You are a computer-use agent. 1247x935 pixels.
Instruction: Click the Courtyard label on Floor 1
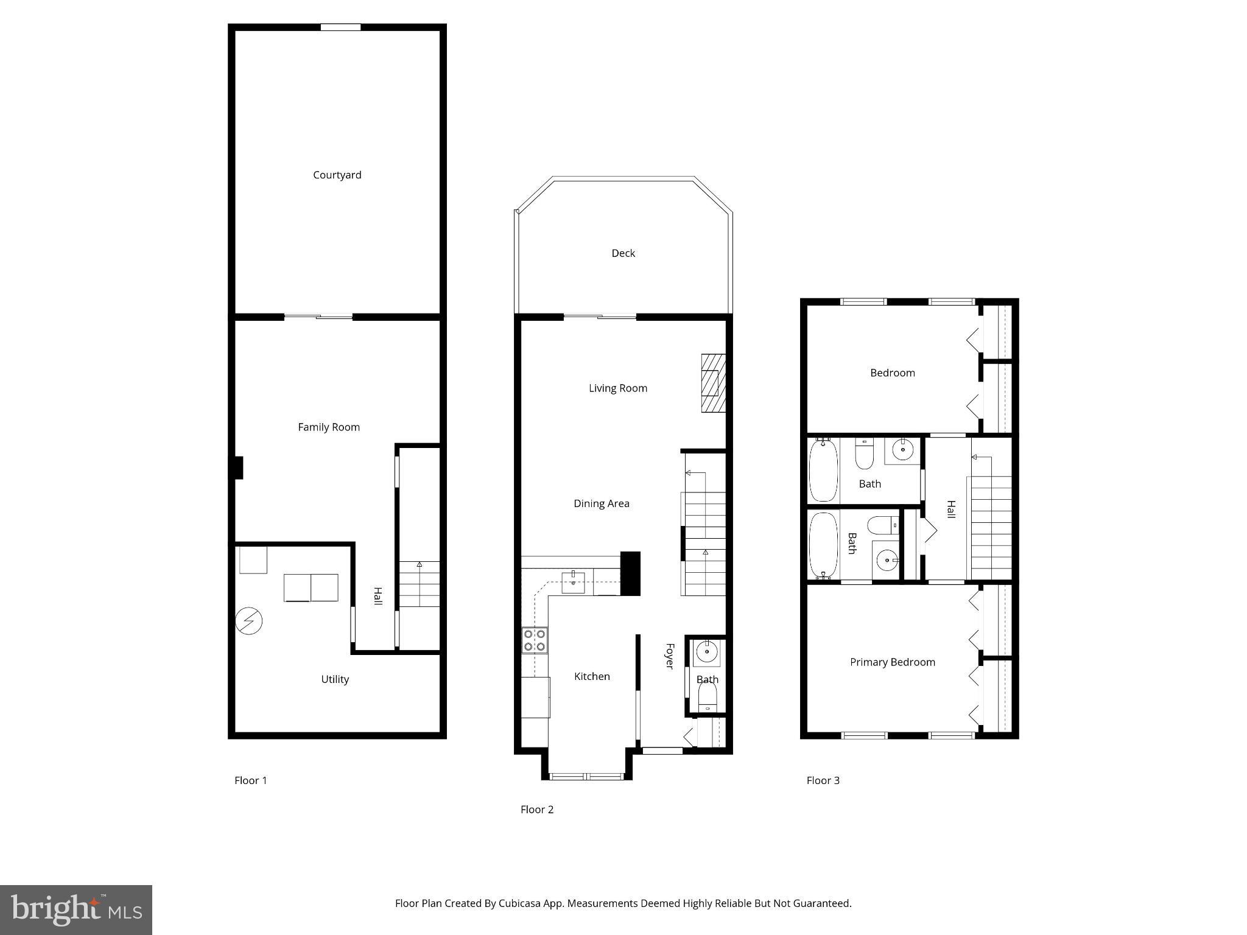tap(337, 175)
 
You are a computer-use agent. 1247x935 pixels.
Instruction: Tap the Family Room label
tap(328, 427)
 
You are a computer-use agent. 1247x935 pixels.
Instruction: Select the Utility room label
tap(335, 679)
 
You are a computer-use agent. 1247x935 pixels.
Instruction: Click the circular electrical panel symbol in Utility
tap(248, 622)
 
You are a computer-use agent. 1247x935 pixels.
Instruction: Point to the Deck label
tap(623, 253)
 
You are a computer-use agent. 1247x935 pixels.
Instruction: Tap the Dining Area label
tap(601, 503)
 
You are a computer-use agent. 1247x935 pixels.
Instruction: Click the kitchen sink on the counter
tap(573, 583)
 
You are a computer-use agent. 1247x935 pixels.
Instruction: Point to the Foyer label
tap(669, 656)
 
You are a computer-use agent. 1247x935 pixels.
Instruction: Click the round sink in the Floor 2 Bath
tap(707, 652)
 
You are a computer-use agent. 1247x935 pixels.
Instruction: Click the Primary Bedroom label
tap(892, 662)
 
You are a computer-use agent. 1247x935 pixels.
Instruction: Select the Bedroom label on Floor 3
tap(892, 373)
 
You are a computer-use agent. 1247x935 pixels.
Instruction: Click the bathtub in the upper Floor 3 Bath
tap(823, 469)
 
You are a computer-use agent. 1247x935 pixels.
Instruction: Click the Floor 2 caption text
tap(536, 810)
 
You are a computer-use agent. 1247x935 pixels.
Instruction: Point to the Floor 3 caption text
tap(823, 780)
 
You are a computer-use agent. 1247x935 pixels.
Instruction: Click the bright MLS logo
tap(76, 910)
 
